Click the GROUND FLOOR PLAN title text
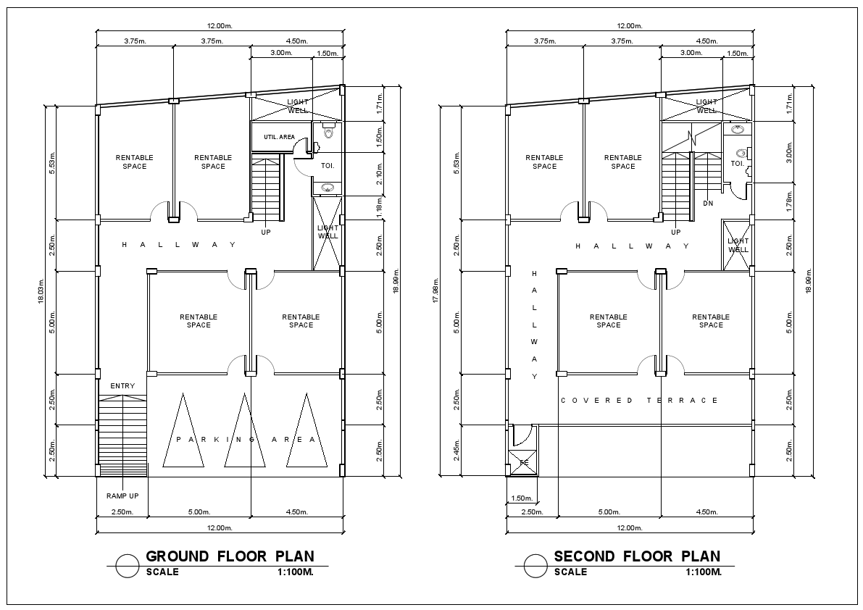230,556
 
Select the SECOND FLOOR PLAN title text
637,556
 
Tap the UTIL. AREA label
279,137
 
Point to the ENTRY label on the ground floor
122,386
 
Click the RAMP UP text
122,496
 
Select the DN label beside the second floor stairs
708,204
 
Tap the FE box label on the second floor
523,462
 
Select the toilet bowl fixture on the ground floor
329,132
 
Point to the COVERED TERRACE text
640,401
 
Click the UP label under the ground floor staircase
266,233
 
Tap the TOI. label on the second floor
737,164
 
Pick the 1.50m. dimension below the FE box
522,498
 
